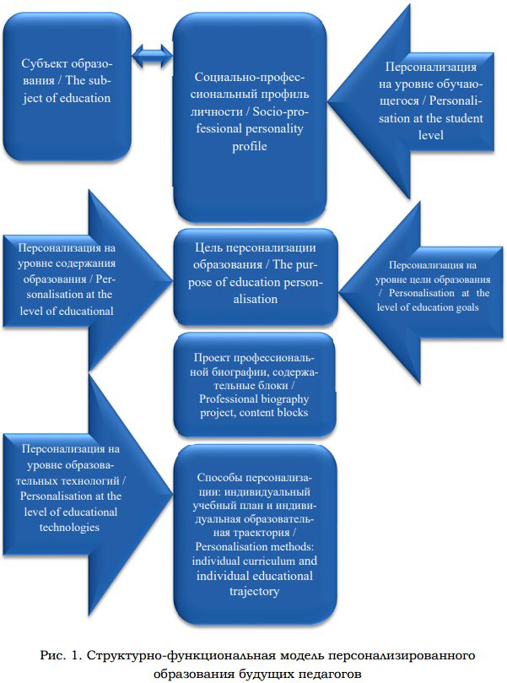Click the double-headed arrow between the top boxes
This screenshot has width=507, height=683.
tap(153, 57)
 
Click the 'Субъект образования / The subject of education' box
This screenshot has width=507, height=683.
tap(67, 87)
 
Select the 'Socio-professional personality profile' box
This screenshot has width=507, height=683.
tap(250, 117)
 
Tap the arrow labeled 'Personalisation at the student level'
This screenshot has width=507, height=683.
tap(412, 101)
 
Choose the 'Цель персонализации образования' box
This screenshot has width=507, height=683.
tap(256, 277)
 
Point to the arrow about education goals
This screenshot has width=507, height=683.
tap(421, 292)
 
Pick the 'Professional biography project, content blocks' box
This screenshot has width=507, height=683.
tap(255, 385)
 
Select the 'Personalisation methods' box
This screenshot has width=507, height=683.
tap(255, 534)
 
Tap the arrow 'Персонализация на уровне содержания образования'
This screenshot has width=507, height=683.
tap(87, 280)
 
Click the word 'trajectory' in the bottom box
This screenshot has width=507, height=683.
tap(254, 592)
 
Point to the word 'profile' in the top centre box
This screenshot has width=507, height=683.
tap(250, 146)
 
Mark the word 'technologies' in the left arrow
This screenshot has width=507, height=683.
tap(70, 528)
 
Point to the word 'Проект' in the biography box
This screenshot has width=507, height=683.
tap(212, 358)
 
